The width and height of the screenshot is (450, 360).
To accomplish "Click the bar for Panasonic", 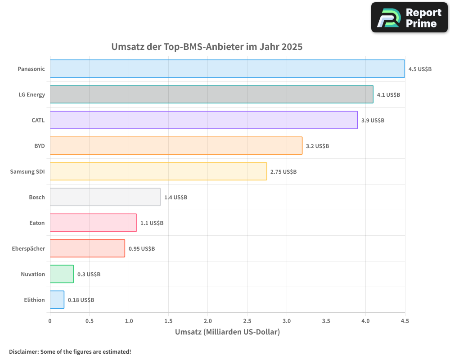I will [x=227, y=69].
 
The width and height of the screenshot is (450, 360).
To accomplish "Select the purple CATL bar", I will [x=203, y=120].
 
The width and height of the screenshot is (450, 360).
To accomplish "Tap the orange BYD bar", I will [x=176, y=146].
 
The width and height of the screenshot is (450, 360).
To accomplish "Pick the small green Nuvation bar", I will [x=62, y=274].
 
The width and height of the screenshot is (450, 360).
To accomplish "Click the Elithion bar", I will [x=57, y=300].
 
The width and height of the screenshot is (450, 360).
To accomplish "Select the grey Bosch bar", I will [x=105, y=197].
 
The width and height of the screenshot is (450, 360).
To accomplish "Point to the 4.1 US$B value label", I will [x=388, y=95].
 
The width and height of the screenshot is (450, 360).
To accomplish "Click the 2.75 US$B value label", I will [x=283, y=172].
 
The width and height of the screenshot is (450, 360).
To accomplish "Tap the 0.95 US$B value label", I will [x=142, y=249].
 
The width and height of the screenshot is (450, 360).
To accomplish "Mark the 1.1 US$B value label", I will [x=152, y=223].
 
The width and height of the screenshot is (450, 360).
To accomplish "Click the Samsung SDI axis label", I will [x=27, y=171].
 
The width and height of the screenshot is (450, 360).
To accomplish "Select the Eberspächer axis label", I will [x=28, y=248].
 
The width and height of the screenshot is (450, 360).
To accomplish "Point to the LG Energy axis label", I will [x=31, y=94].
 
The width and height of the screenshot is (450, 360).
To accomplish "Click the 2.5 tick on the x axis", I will [x=247, y=321].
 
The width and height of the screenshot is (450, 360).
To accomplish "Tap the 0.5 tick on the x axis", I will [x=89, y=321].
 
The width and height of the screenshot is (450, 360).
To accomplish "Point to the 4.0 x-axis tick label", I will [x=365, y=321].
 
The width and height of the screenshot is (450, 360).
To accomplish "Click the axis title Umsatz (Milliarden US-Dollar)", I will [x=227, y=332].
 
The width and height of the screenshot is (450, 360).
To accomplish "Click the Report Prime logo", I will [x=409, y=18].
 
